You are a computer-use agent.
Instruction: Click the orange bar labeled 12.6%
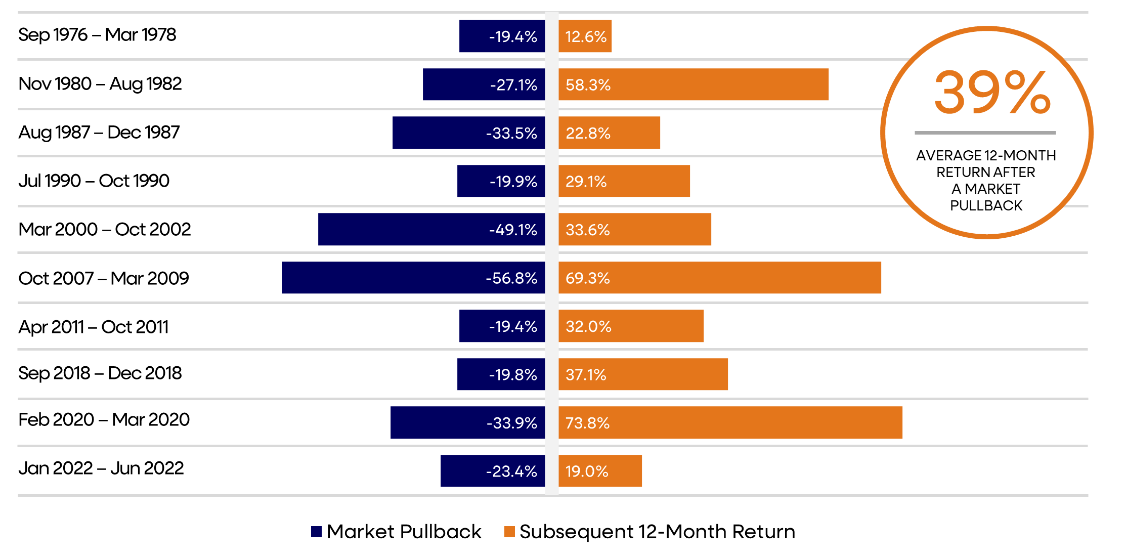[585, 36]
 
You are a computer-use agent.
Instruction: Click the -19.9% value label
[513, 181]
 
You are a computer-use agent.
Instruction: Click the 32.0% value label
[588, 326]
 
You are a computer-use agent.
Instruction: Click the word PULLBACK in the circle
[986, 205]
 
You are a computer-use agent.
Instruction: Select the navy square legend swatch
[316, 531]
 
